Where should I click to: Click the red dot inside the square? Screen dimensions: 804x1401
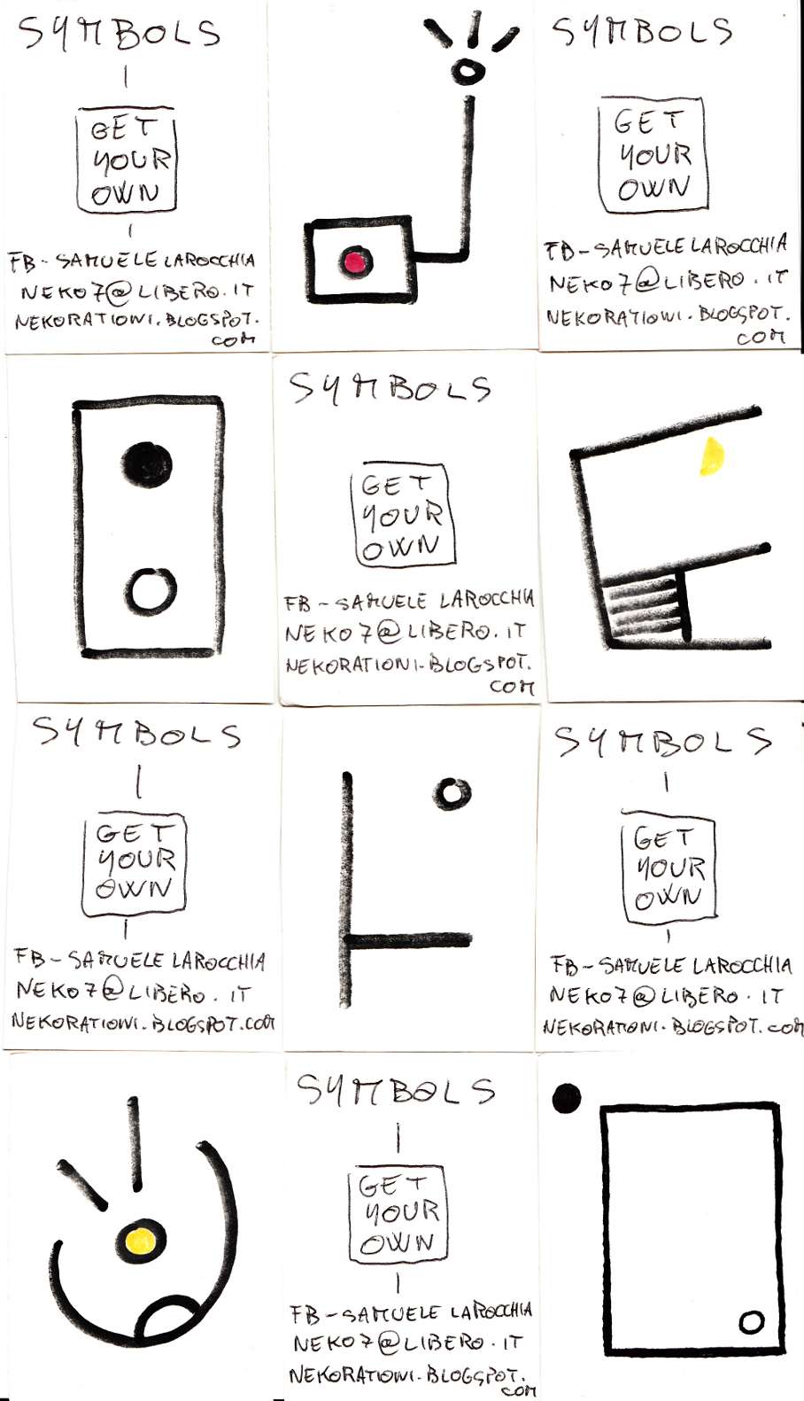(356, 261)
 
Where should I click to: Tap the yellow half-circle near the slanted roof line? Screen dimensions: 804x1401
(712, 456)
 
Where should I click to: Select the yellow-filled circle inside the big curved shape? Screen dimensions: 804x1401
(141, 1241)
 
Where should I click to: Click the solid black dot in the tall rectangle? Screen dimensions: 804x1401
(147, 463)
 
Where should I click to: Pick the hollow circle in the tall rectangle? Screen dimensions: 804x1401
(150, 591)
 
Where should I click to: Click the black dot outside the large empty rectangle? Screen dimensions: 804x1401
(566, 1098)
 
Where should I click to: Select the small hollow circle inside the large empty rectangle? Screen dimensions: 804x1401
(751, 1322)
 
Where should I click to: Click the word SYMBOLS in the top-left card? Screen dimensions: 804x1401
(119, 33)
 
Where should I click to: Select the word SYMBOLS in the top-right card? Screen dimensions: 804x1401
(642, 31)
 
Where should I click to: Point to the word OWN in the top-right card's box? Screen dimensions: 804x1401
(653, 188)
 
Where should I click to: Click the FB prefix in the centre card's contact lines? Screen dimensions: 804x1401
(297, 603)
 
